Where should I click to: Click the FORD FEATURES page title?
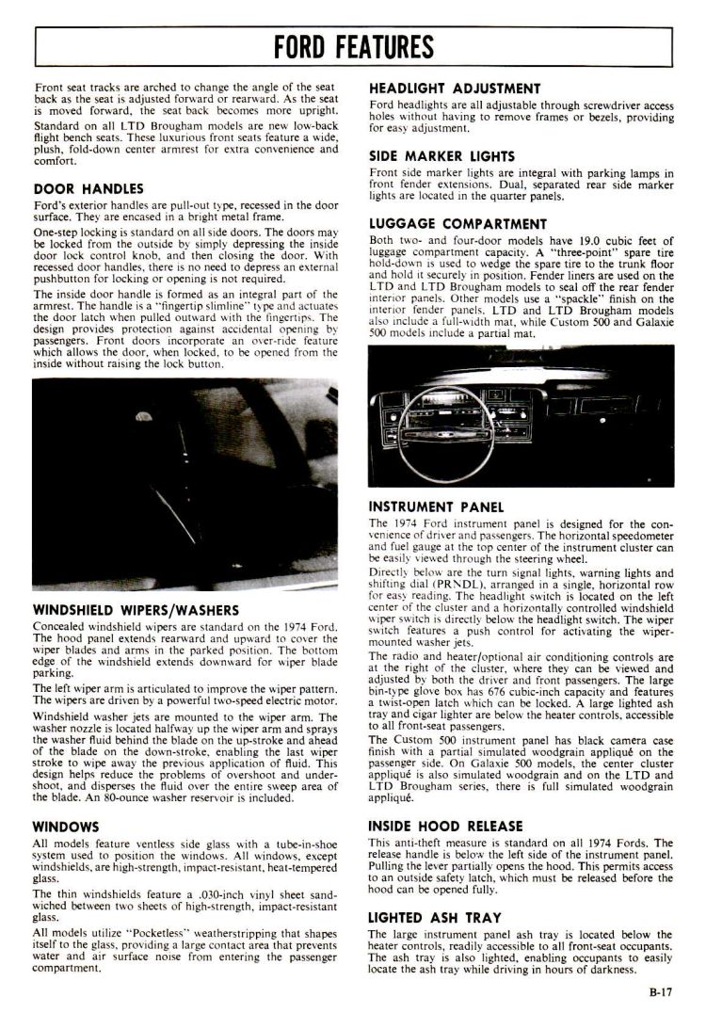click(x=353, y=45)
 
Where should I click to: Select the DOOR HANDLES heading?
click(x=88, y=188)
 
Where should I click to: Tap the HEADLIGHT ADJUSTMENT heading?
click(x=455, y=88)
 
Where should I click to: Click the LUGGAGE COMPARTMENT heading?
click(x=457, y=223)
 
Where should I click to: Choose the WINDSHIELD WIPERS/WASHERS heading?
click(x=136, y=610)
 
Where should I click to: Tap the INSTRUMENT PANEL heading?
click(x=437, y=506)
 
